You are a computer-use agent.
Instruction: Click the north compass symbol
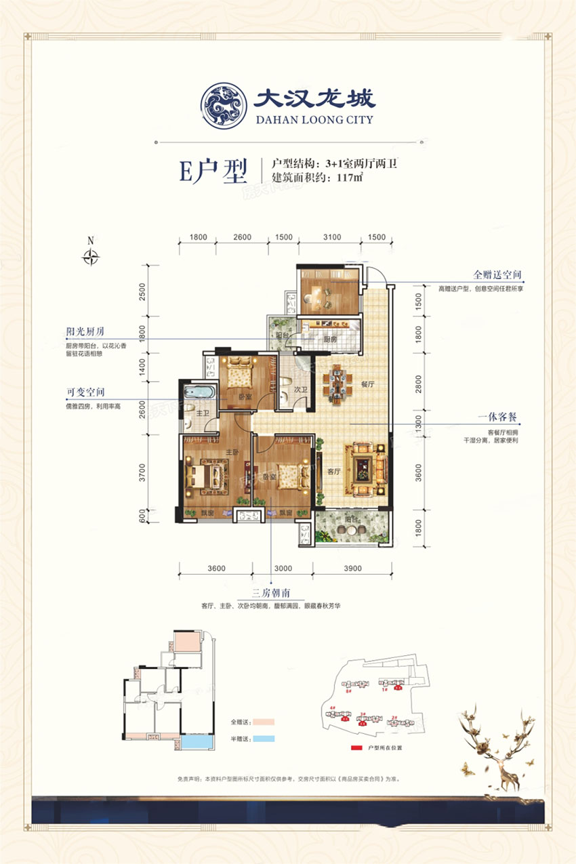click(x=90, y=257)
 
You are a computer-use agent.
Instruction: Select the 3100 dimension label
click(x=331, y=237)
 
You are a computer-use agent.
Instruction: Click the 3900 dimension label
click(x=352, y=568)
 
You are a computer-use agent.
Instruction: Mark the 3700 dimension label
click(x=142, y=470)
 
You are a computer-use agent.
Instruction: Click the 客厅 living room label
click(x=333, y=472)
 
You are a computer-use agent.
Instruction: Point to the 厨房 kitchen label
click(x=330, y=340)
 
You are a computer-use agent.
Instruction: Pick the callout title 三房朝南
click(x=270, y=592)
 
